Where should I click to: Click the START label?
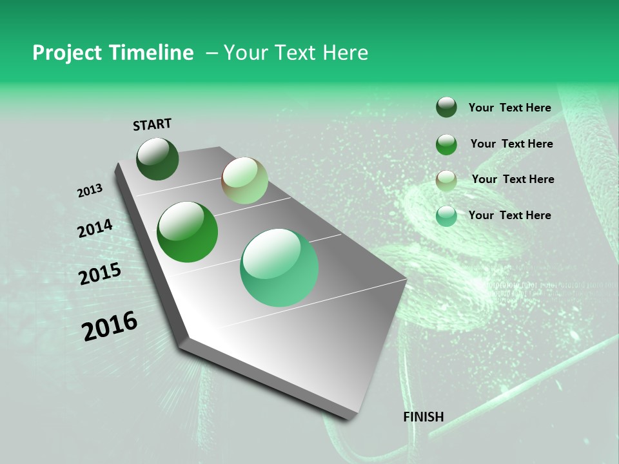coord(152,124)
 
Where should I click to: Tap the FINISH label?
coord(423,417)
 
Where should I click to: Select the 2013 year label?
coord(90,191)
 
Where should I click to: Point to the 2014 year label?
coord(95,228)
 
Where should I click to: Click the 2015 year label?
coord(100,274)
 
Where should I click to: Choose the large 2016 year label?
coord(110,326)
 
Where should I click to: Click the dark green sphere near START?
coord(157,159)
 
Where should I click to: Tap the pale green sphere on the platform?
coord(244,180)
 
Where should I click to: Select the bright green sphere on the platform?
coord(187,232)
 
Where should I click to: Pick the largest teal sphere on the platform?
coord(279,267)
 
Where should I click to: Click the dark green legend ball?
coord(446,107)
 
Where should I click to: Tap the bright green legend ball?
coord(446,144)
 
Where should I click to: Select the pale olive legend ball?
coord(446,180)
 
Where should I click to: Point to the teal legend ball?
coord(446,216)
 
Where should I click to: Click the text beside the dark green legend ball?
coord(509,108)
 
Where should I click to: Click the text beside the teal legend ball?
coord(509,215)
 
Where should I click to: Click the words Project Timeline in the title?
coord(113,53)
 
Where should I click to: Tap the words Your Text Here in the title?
coord(295,53)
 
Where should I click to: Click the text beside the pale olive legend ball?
coord(513,179)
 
